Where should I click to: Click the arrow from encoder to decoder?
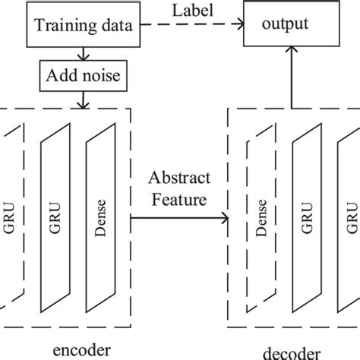[180, 219]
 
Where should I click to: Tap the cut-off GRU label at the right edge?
[352, 216]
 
